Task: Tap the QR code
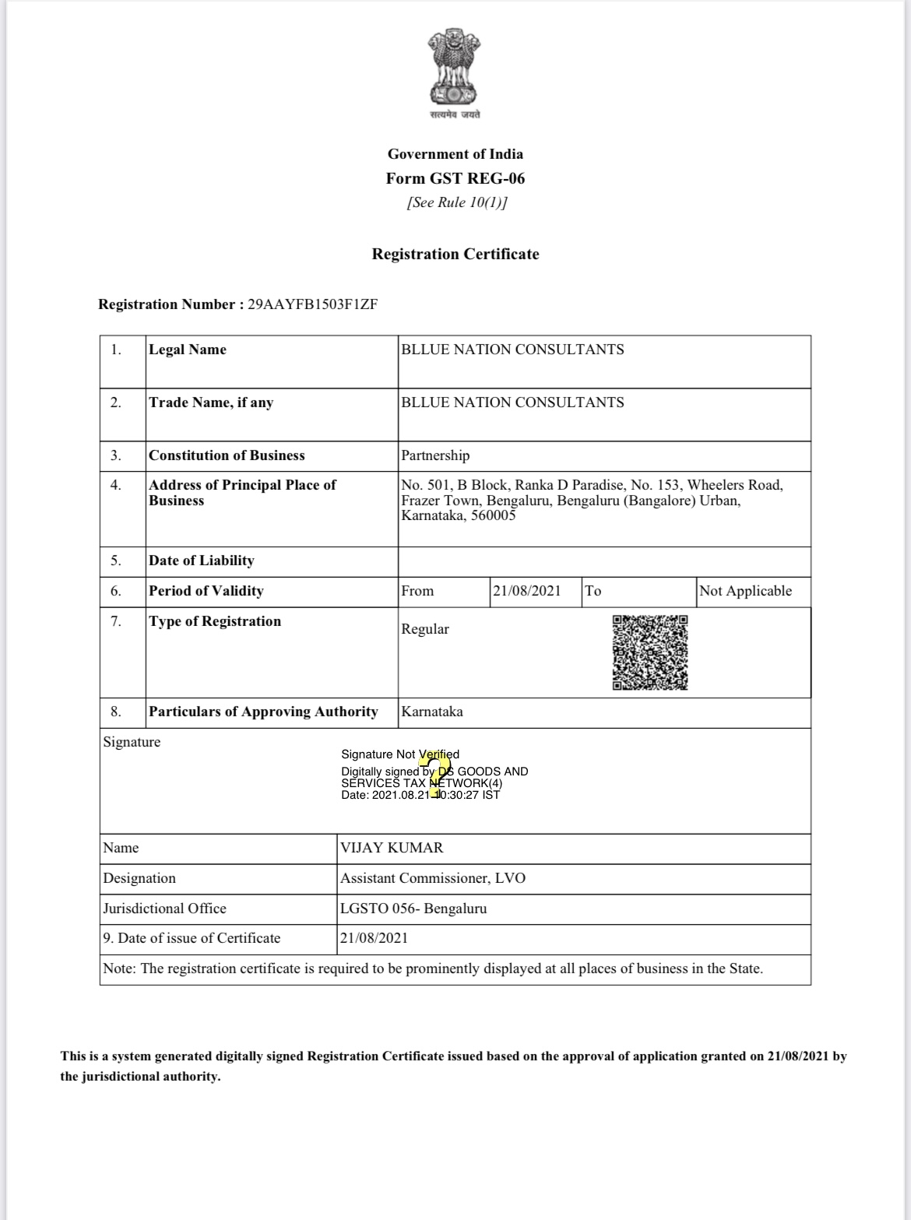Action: pos(649,652)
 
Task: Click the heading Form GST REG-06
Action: pos(455,178)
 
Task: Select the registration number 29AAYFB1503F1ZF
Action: pos(312,304)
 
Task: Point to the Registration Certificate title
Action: pos(455,254)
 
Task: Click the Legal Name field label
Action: pos(188,350)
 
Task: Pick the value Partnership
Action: pos(435,455)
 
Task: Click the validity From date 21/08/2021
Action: pos(526,591)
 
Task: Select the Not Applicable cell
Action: pos(745,591)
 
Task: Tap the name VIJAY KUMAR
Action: pos(392,848)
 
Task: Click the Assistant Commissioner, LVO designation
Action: pos(433,878)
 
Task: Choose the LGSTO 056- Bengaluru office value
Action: pos(413,909)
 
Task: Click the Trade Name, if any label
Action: pos(211,403)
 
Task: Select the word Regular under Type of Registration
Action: pos(425,629)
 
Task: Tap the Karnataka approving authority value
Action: pos(432,712)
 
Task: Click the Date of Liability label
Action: pos(202,561)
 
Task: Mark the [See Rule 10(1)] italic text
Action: pos(456,202)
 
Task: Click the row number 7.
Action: pos(115,621)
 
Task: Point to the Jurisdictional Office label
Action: pos(165,909)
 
